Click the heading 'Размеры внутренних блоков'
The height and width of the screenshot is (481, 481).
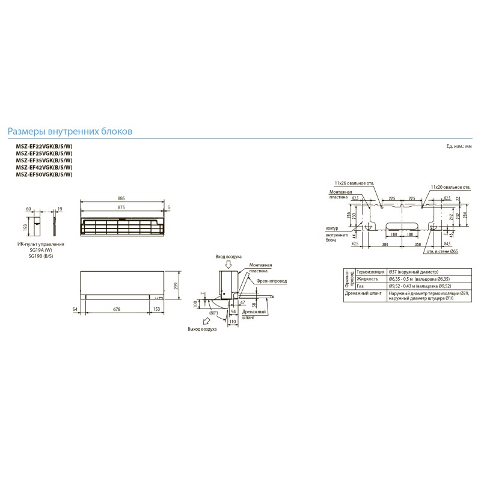tap(69, 131)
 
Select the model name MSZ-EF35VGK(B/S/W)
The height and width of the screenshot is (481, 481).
tap(44, 161)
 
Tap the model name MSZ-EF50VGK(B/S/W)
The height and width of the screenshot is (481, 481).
tap(44, 174)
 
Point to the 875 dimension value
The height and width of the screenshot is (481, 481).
tap(121, 207)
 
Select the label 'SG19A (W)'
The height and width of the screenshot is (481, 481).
tap(40, 251)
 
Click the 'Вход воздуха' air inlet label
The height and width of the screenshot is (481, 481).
tap(228, 256)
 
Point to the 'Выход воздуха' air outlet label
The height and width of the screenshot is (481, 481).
tap(201, 330)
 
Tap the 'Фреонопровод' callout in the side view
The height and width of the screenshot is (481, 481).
tap(271, 281)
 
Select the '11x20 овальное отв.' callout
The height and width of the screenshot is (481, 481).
tap(451, 188)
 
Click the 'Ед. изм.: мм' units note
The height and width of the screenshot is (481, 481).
tap(459, 147)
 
